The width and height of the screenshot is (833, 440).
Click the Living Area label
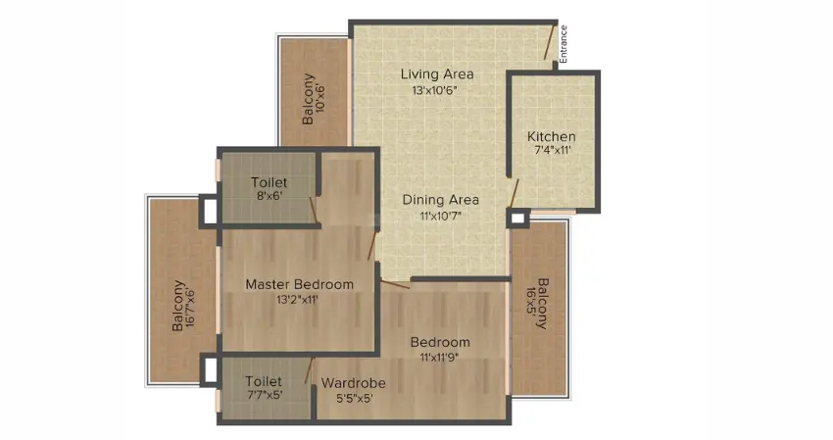pos(437,74)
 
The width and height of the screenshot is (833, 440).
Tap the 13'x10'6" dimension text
pos(434,90)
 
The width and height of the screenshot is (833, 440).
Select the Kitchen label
pos(552,136)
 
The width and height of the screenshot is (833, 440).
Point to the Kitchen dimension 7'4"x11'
pos(553,150)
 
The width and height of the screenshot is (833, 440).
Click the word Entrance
pos(563,44)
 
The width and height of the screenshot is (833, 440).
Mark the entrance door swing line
pos(549,41)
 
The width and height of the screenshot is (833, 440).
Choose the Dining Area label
pos(440,200)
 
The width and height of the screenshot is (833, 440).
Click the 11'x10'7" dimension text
pos(441,217)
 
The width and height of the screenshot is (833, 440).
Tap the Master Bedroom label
pos(299,284)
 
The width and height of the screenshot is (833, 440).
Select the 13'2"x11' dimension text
pos(297,300)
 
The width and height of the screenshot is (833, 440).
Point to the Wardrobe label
pos(353,382)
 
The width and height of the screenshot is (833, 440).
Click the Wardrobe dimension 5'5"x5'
pos(355,398)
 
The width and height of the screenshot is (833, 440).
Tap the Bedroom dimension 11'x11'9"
pos(439,357)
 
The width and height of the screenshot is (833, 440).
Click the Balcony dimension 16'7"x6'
pos(191,308)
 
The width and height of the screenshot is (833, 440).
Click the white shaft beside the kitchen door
pos(517,219)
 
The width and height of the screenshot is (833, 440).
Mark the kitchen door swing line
pos(513,193)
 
